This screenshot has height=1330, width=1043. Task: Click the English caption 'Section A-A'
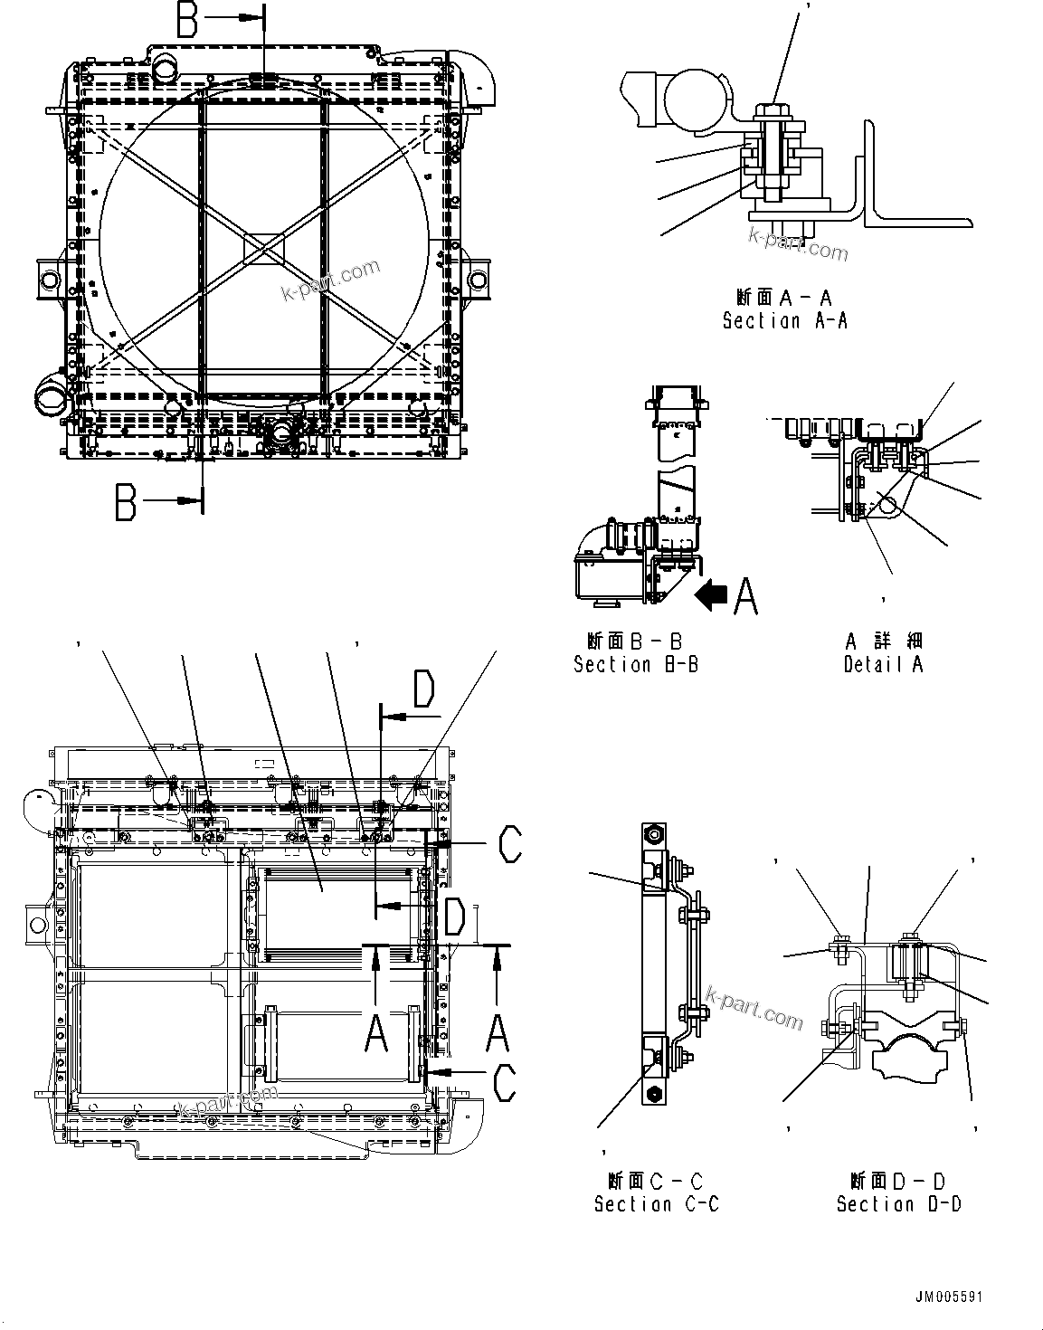click(x=784, y=320)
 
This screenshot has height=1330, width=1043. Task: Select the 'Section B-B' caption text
click(x=636, y=664)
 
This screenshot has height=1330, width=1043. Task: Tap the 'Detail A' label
click(x=883, y=664)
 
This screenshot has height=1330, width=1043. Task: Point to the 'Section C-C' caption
click(x=656, y=1204)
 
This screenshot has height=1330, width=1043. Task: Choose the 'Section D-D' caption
click(x=898, y=1204)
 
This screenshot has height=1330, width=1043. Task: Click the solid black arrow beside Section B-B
click(x=710, y=595)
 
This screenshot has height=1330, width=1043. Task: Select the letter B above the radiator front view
click(x=187, y=20)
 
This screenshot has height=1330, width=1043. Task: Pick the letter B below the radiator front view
click(x=127, y=501)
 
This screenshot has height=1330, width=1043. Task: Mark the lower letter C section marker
click(x=506, y=1082)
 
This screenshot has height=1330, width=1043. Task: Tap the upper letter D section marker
click(x=423, y=689)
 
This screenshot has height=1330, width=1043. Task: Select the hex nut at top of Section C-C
click(x=653, y=833)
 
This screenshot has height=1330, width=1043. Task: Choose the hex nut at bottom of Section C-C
click(x=653, y=1096)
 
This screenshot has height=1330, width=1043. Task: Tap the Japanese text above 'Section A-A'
click(x=784, y=297)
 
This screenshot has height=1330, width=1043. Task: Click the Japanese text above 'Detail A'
click(x=883, y=641)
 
